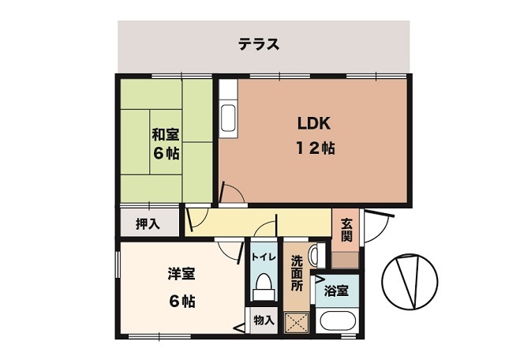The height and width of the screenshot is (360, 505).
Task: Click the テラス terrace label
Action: pos(260,44)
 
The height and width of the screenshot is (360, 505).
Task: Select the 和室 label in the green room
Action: pos(166,133)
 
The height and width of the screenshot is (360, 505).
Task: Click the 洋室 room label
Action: pos(181,274)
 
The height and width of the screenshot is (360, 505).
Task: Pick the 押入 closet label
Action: pos(147,224)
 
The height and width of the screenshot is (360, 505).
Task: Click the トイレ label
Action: pos(263,257)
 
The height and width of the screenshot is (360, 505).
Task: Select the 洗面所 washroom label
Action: pos(297,271)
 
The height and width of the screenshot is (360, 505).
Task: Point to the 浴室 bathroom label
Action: pos(337,291)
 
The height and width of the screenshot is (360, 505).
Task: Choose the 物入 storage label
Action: pos(264,320)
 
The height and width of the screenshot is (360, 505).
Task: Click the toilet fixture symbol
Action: pos(262,289)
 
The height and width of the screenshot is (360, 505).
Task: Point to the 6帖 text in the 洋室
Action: pos(181,301)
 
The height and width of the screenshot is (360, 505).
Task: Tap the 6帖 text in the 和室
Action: pos(166,153)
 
